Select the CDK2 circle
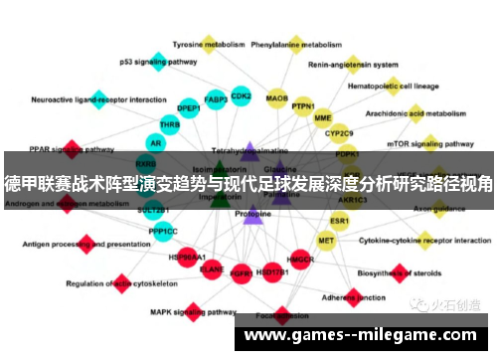tap(241, 96)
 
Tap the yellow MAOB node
tap(277, 99)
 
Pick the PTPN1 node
tap(303, 106)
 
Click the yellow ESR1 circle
tap(340, 220)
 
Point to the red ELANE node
tap(212, 268)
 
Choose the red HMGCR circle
tap(300, 260)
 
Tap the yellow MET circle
tap(326, 240)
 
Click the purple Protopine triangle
tap(252, 213)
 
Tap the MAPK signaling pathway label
tap(186, 311)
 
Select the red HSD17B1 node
tap(270, 270)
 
